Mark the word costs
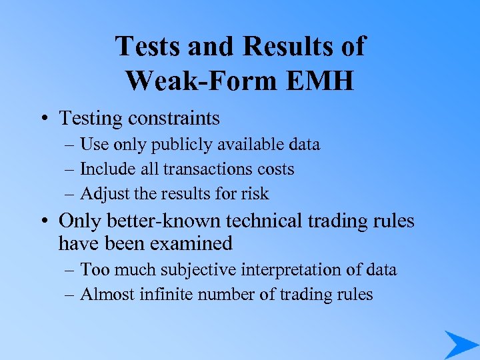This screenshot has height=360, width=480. coord(273,169)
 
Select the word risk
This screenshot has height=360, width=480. coord(255,194)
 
